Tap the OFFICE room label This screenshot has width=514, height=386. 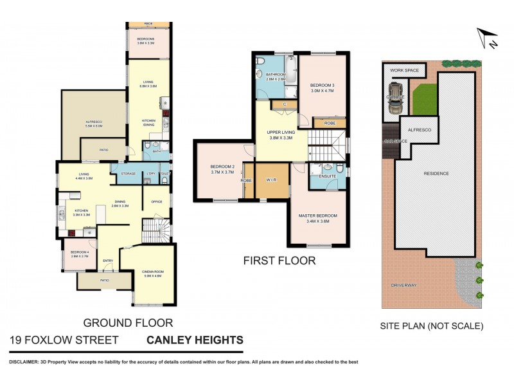(157, 202)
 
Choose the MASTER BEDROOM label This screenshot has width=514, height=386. (319, 217)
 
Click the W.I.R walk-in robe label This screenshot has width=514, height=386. (272, 180)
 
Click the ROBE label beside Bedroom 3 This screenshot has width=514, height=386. (329, 122)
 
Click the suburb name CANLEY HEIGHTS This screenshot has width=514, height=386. (195, 340)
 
